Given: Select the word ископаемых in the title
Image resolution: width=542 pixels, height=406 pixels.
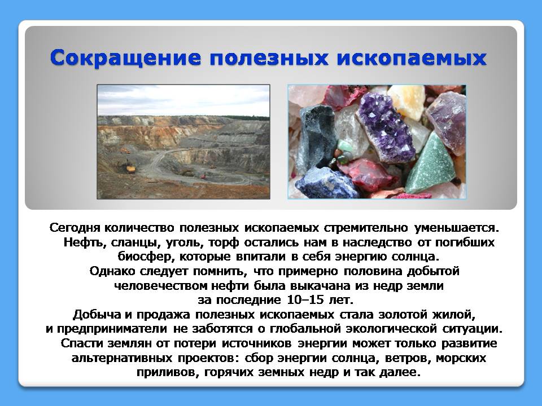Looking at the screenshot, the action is coord(412,58).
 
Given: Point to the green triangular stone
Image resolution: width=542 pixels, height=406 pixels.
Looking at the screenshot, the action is coord(430,162).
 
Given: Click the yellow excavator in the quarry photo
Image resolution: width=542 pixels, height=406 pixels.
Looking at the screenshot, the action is coord(130,168).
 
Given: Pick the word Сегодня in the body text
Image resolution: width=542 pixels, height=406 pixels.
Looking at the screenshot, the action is coord(75,228).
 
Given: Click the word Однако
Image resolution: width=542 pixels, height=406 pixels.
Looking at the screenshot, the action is coord(112,271).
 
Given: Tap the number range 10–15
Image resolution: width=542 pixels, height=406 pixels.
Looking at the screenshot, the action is coord(305,299).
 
